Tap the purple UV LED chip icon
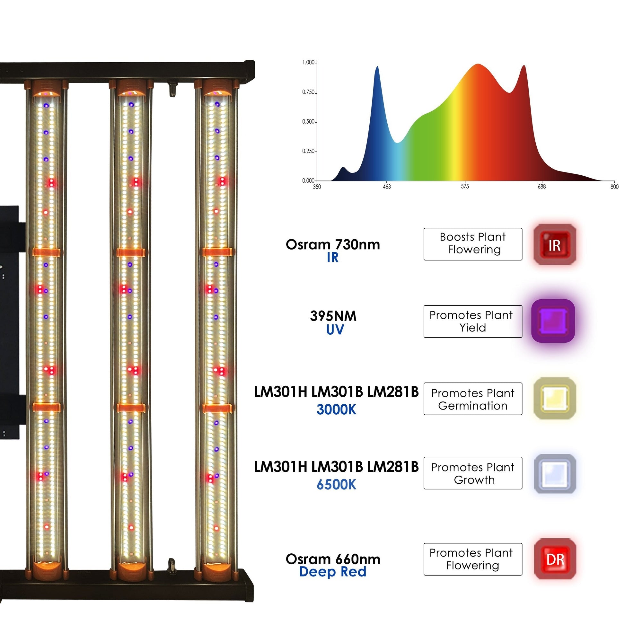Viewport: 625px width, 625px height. (x=553, y=321)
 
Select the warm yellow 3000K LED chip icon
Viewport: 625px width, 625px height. (x=554, y=398)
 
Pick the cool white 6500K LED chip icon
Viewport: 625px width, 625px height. (x=555, y=474)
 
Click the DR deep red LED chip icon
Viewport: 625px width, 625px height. (x=555, y=559)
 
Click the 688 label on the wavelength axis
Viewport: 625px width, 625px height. (x=541, y=187)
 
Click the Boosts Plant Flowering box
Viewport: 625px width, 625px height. (x=473, y=244)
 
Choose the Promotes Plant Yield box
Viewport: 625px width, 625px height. (x=473, y=321)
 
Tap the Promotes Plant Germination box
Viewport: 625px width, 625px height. (x=473, y=399)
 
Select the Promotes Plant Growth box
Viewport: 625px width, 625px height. (x=473, y=473)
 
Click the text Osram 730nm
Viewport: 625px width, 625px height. (x=333, y=244)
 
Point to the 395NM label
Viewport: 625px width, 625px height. (x=333, y=316)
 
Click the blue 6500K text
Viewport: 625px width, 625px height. (x=336, y=485)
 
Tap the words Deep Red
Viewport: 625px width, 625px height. (x=332, y=572)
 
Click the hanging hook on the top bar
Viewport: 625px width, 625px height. (x=173, y=89)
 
